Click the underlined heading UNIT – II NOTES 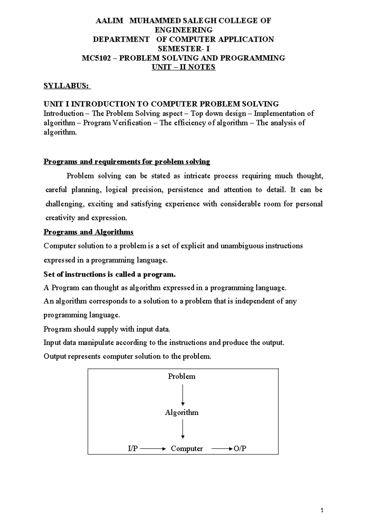click(x=183, y=67)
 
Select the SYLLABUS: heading click(x=67, y=86)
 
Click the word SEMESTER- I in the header click(x=183, y=49)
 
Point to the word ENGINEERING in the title click(x=183, y=30)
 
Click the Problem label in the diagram click(x=182, y=376)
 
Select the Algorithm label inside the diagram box click(x=182, y=412)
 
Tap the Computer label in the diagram click(x=187, y=449)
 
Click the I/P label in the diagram click(x=133, y=449)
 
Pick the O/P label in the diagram click(x=240, y=449)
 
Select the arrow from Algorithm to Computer click(x=183, y=429)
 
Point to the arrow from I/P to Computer click(x=152, y=449)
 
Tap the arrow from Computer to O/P click(x=222, y=449)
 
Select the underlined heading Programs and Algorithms click(x=89, y=232)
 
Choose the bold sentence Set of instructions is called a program click(x=109, y=274)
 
